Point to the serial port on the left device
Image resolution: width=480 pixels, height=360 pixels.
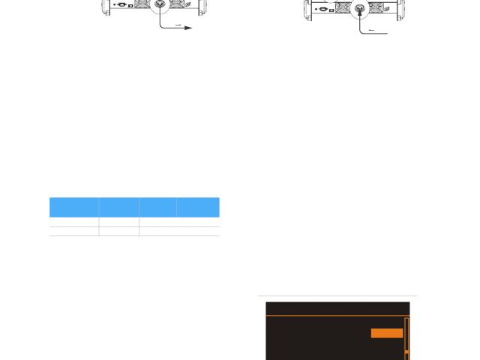coord(120,4)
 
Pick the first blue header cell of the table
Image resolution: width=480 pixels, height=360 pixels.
coord(73,207)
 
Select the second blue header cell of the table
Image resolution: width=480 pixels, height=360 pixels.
coord(118,207)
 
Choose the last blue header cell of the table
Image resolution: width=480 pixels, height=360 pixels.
coord(198,207)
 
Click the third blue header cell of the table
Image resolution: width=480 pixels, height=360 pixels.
coord(157,207)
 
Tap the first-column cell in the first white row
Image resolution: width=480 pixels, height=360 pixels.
coord(73,222)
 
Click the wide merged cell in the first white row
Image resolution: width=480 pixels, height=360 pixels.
coord(178,222)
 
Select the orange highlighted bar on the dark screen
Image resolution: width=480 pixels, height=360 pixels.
coord(387,333)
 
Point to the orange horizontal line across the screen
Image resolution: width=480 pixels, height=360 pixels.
coord(337,317)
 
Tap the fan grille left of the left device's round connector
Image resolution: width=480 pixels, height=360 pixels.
coord(140,4)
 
